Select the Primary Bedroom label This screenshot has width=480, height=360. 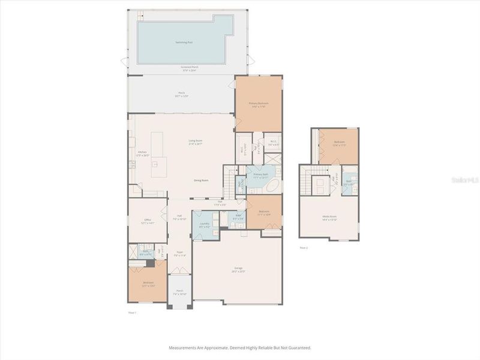point(259,104)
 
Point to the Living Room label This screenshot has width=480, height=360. point(196,142)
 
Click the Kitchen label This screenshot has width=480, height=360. point(142,153)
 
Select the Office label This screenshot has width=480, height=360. point(147,221)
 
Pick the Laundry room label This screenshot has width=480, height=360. point(204,225)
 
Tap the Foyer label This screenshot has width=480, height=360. point(179,254)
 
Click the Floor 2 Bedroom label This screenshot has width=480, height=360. point(338,143)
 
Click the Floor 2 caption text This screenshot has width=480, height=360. point(304,247)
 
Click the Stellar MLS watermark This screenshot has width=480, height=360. point(465,178)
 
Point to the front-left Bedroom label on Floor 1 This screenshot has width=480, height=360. point(148,284)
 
